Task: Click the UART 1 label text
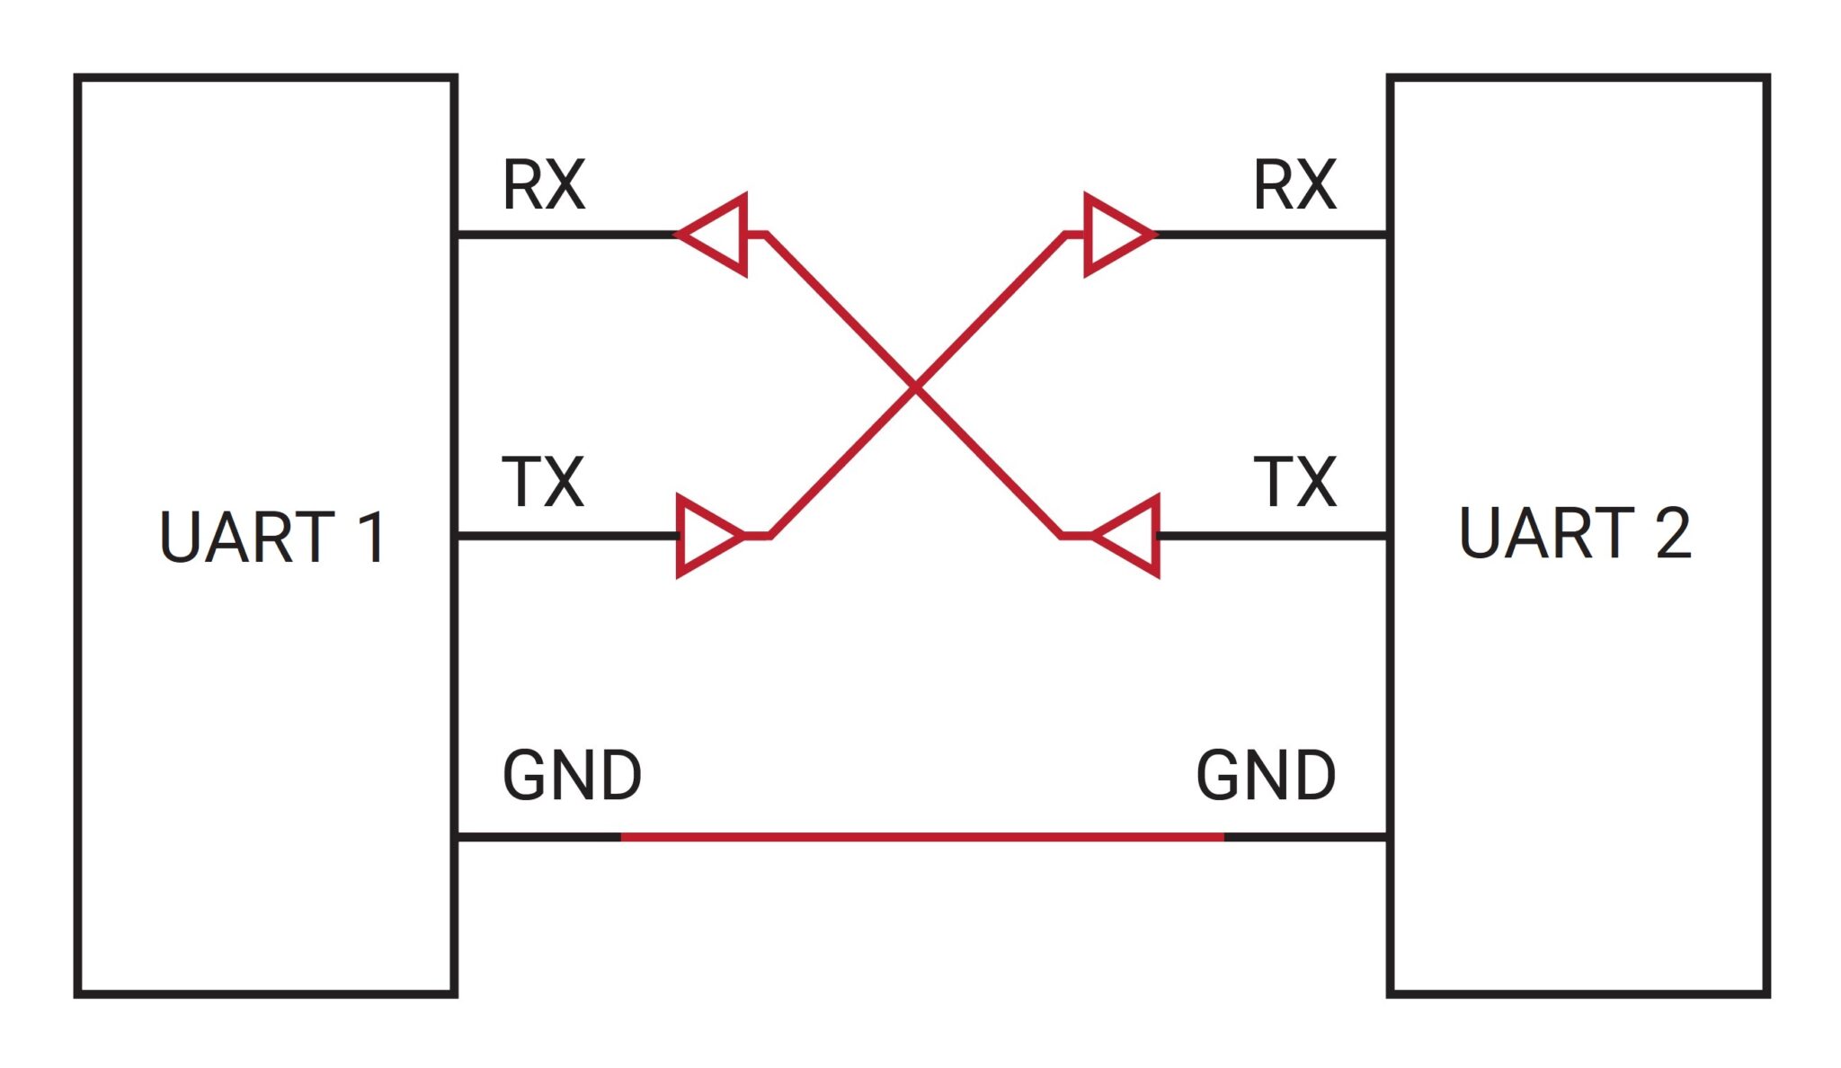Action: [x=272, y=538]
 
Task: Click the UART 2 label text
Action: [x=1574, y=533]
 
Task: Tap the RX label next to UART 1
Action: [x=544, y=186]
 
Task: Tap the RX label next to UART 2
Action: [x=1294, y=186]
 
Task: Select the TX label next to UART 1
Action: [x=543, y=482]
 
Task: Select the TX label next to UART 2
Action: [x=1294, y=482]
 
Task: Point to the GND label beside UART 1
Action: [x=572, y=776]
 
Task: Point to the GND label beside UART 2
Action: [x=1266, y=776]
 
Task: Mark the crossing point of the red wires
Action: [x=915, y=387]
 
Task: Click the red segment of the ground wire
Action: [x=921, y=837]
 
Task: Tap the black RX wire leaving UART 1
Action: [x=566, y=235]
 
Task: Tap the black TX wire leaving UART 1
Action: [x=566, y=536]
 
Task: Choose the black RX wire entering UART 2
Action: [x=1272, y=235]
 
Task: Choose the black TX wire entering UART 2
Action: [x=1272, y=536]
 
